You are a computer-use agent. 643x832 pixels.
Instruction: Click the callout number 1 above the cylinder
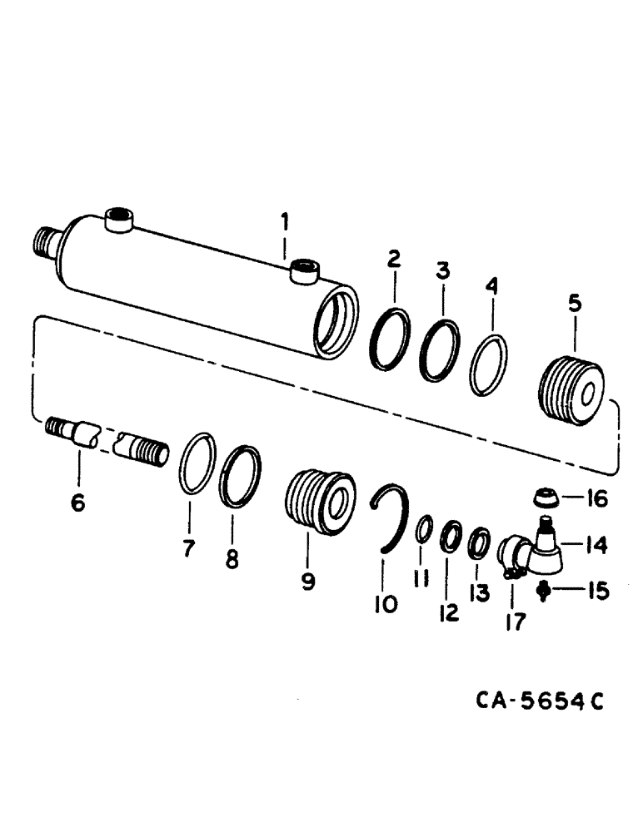(284, 222)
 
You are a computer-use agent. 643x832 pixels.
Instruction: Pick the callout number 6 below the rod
(78, 503)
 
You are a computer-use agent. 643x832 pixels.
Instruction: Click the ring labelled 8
(240, 477)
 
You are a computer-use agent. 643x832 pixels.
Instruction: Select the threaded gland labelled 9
(320, 498)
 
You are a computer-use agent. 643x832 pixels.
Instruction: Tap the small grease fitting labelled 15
(546, 592)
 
